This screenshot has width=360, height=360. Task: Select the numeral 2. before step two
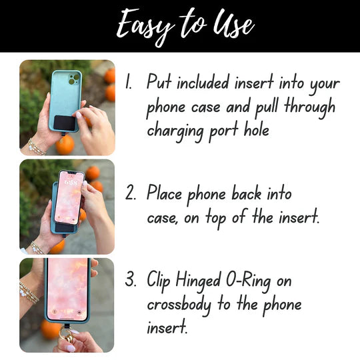click(x=131, y=195)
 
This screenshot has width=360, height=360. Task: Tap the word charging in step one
click(x=175, y=129)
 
